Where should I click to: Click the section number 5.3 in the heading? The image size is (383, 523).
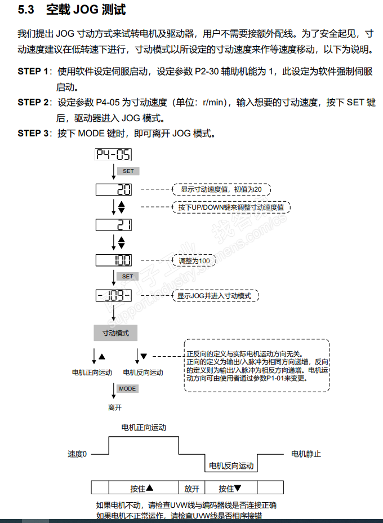[26, 10]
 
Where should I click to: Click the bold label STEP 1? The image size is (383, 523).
[33, 72]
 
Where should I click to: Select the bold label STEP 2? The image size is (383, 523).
[33, 103]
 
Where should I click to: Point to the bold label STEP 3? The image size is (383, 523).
[33, 134]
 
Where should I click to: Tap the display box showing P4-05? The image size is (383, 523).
[114, 155]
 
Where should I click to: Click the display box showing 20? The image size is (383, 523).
[114, 189]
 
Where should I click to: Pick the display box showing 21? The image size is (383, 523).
[114, 225]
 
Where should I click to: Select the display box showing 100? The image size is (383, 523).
[114, 260]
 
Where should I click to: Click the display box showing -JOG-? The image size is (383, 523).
[114, 295]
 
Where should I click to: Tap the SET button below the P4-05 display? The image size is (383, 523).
[128, 171]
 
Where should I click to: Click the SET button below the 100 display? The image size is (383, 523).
[128, 277]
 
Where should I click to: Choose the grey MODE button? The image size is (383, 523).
[128, 389]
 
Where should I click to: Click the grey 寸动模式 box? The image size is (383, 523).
[115, 333]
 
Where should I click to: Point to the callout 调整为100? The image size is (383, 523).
[194, 261]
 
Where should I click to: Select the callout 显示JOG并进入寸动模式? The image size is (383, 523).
[215, 295]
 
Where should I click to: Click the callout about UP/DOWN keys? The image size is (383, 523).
[230, 207]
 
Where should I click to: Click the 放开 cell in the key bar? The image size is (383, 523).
[191, 489]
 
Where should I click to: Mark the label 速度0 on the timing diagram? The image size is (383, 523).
[77, 454]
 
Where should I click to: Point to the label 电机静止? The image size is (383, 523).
[306, 454]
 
